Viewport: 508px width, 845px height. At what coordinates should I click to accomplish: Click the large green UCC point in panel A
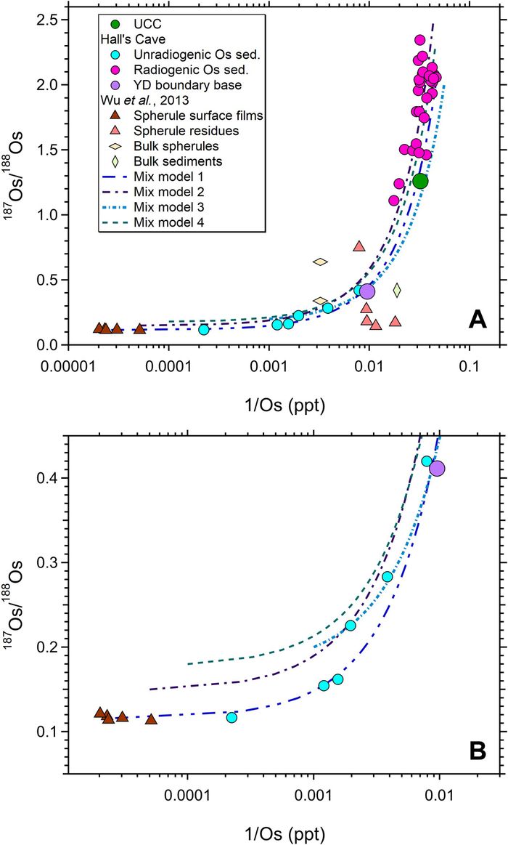pyautogui.click(x=420, y=181)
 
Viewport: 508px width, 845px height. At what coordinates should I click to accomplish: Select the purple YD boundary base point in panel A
pyautogui.click(x=367, y=291)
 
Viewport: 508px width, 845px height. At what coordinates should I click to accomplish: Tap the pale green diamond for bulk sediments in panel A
pyautogui.click(x=397, y=291)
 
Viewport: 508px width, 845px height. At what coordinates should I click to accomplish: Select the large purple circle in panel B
pyautogui.click(x=437, y=469)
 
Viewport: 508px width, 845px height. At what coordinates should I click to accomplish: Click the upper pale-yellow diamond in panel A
pyautogui.click(x=320, y=262)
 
